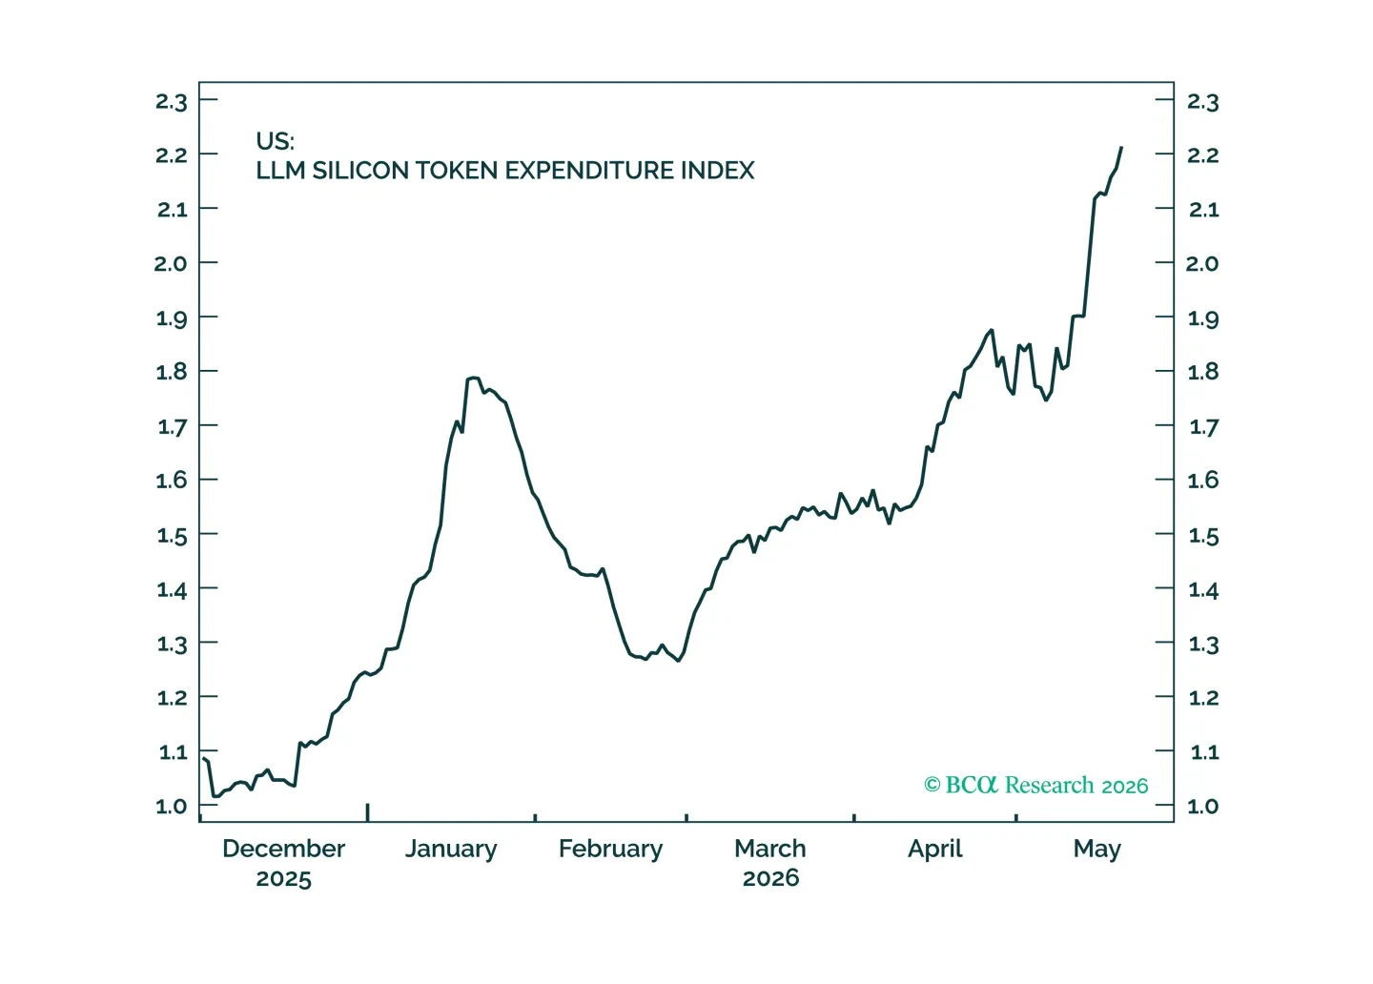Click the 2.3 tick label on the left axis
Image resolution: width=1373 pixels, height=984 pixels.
click(x=171, y=101)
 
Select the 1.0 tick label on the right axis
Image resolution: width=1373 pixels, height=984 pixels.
click(x=1202, y=806)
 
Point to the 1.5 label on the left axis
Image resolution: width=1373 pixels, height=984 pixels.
click(x=172, y=535)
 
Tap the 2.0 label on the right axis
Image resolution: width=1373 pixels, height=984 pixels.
click(x=1202, y=263)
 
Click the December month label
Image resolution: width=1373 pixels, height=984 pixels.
click(x=283, y=849)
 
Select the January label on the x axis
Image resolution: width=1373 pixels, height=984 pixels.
click(x=451, y=850)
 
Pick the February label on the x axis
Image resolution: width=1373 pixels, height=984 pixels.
click(x=610, y=850)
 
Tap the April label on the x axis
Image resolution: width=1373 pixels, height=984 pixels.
click(x=934, y=850)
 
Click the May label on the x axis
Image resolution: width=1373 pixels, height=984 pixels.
click(x=1097, y=850)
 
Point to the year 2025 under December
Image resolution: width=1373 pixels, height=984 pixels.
click(x=283, y=878)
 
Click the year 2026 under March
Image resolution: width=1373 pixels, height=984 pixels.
click(x=770, y=878)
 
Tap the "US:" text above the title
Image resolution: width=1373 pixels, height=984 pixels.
click(x=275, y=141)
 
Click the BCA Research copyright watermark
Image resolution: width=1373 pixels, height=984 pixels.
click(x=1035, y=785)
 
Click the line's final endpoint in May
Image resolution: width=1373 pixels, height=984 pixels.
click(x=1121, y=148)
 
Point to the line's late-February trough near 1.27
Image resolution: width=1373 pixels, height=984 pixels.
click(x=678, y=661)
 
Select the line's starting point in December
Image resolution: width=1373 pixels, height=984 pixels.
click(x=203, y=758)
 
